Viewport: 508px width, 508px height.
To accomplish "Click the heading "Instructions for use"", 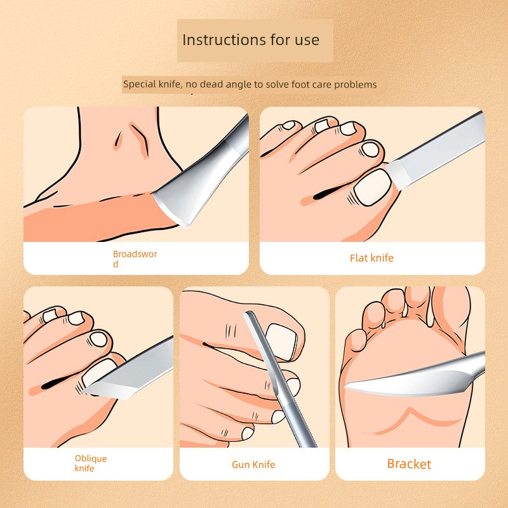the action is [251, 40].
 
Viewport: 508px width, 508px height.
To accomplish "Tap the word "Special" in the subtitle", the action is [139, 84].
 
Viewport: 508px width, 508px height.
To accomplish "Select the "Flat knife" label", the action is [371, 258].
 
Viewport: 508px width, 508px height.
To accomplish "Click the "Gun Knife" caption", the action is [253, 465].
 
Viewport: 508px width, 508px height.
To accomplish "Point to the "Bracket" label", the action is [409, 464].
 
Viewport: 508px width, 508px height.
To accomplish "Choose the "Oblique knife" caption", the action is [90, 464].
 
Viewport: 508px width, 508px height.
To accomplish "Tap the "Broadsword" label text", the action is [135, 259].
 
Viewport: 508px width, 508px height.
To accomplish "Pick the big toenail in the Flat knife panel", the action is [373, 187].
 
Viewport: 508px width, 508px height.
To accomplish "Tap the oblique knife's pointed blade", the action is [130, 373].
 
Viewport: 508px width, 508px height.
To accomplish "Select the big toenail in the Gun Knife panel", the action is [282, 342].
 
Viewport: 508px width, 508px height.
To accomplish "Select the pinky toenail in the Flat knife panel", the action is [288, 125].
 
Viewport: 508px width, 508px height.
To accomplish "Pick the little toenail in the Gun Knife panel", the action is [248, 433].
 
